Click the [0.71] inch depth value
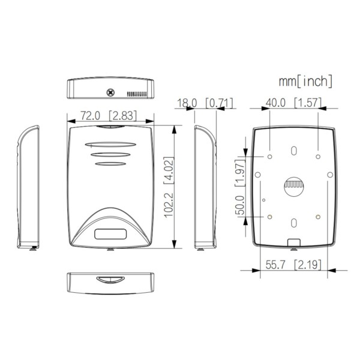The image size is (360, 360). point(218,103)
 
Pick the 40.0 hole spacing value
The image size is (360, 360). point(276,103)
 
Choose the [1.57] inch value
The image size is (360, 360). point(308,103)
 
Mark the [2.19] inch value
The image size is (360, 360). point(308,265)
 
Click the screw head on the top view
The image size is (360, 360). point(110,92)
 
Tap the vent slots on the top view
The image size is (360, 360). point(138,94)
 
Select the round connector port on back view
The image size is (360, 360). point(293,187)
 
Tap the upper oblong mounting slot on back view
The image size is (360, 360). point(293,151)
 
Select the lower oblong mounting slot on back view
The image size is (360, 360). point(293,223)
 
